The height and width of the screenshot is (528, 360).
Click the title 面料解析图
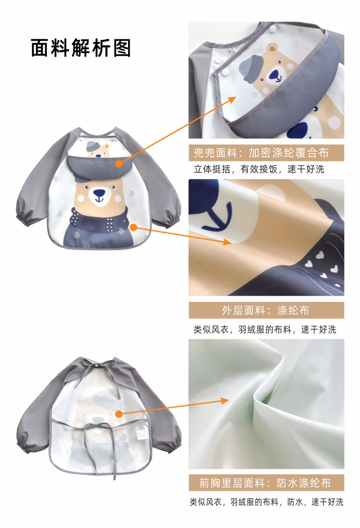pos(81,48)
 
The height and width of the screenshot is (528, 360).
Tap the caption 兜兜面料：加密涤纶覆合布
pos(265,153)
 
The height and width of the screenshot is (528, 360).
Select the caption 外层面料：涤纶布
pos(265,310)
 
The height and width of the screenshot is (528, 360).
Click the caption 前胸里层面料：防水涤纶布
pos(265,482)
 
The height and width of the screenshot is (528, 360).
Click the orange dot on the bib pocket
pos(119,164)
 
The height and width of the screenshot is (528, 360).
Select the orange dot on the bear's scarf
pos(134,226)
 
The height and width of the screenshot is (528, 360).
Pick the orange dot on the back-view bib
pos(118,413)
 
